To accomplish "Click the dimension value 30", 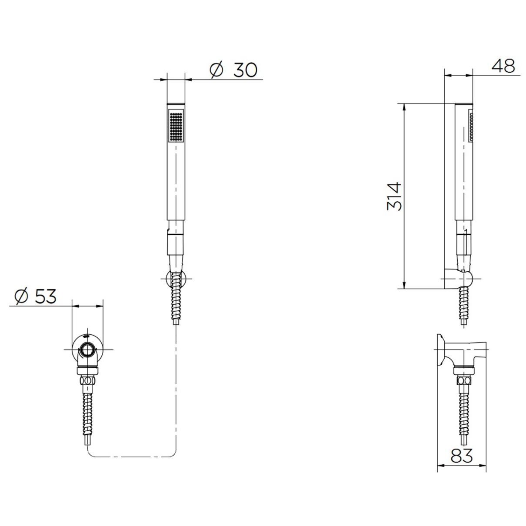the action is coord(245,70).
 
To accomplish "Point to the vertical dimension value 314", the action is coord(395,196).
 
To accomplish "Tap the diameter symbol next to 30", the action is coord(217,70).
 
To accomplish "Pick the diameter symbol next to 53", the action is coord(22,296).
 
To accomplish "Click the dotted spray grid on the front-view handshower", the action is coord(176,126).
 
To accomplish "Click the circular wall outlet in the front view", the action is coord(87,350).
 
